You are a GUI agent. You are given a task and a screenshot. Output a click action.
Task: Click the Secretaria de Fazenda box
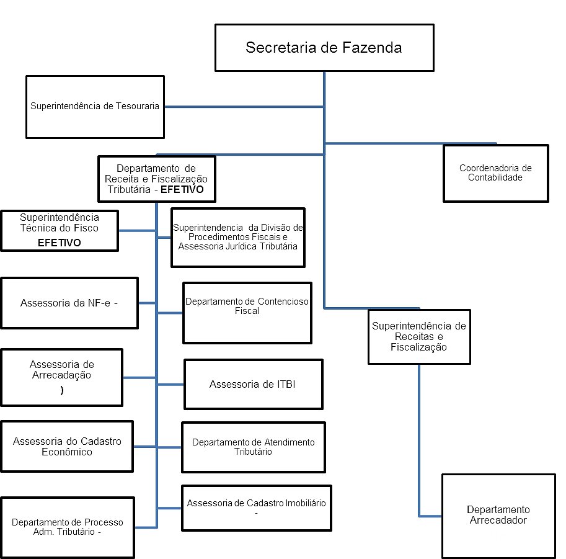point(324,48)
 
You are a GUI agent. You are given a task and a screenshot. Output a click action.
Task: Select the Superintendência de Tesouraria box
point(95,107)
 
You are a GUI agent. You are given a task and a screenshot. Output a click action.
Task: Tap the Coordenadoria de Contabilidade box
point(495,173)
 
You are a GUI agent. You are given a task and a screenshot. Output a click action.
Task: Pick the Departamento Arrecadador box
point(498,516)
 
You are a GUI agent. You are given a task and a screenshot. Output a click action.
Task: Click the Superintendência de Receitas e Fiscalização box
point(418,336)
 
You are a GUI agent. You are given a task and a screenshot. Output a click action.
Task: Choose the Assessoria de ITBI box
point(253,384)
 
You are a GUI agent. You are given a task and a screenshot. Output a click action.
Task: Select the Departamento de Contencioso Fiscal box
point(247,311)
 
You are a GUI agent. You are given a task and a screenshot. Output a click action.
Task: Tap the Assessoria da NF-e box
point(69,303)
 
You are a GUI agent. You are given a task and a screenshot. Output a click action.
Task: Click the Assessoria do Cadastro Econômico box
point(67,446)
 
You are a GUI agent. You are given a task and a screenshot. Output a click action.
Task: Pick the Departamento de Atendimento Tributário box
point(253,447)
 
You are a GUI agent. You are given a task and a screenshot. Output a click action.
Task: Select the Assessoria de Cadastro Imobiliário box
point(256,508)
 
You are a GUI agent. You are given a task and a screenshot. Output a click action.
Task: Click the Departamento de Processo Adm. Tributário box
point(67,527)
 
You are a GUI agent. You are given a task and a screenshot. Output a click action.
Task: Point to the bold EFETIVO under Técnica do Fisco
point(60,243)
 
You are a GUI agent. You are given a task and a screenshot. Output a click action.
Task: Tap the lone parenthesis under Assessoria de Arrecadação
point(61,391)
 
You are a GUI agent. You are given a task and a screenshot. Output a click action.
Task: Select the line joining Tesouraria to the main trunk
point(243,107)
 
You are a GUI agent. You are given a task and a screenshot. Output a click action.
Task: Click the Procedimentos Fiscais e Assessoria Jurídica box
point(237,237)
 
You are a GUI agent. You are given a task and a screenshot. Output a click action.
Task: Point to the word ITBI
point(285,384)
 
